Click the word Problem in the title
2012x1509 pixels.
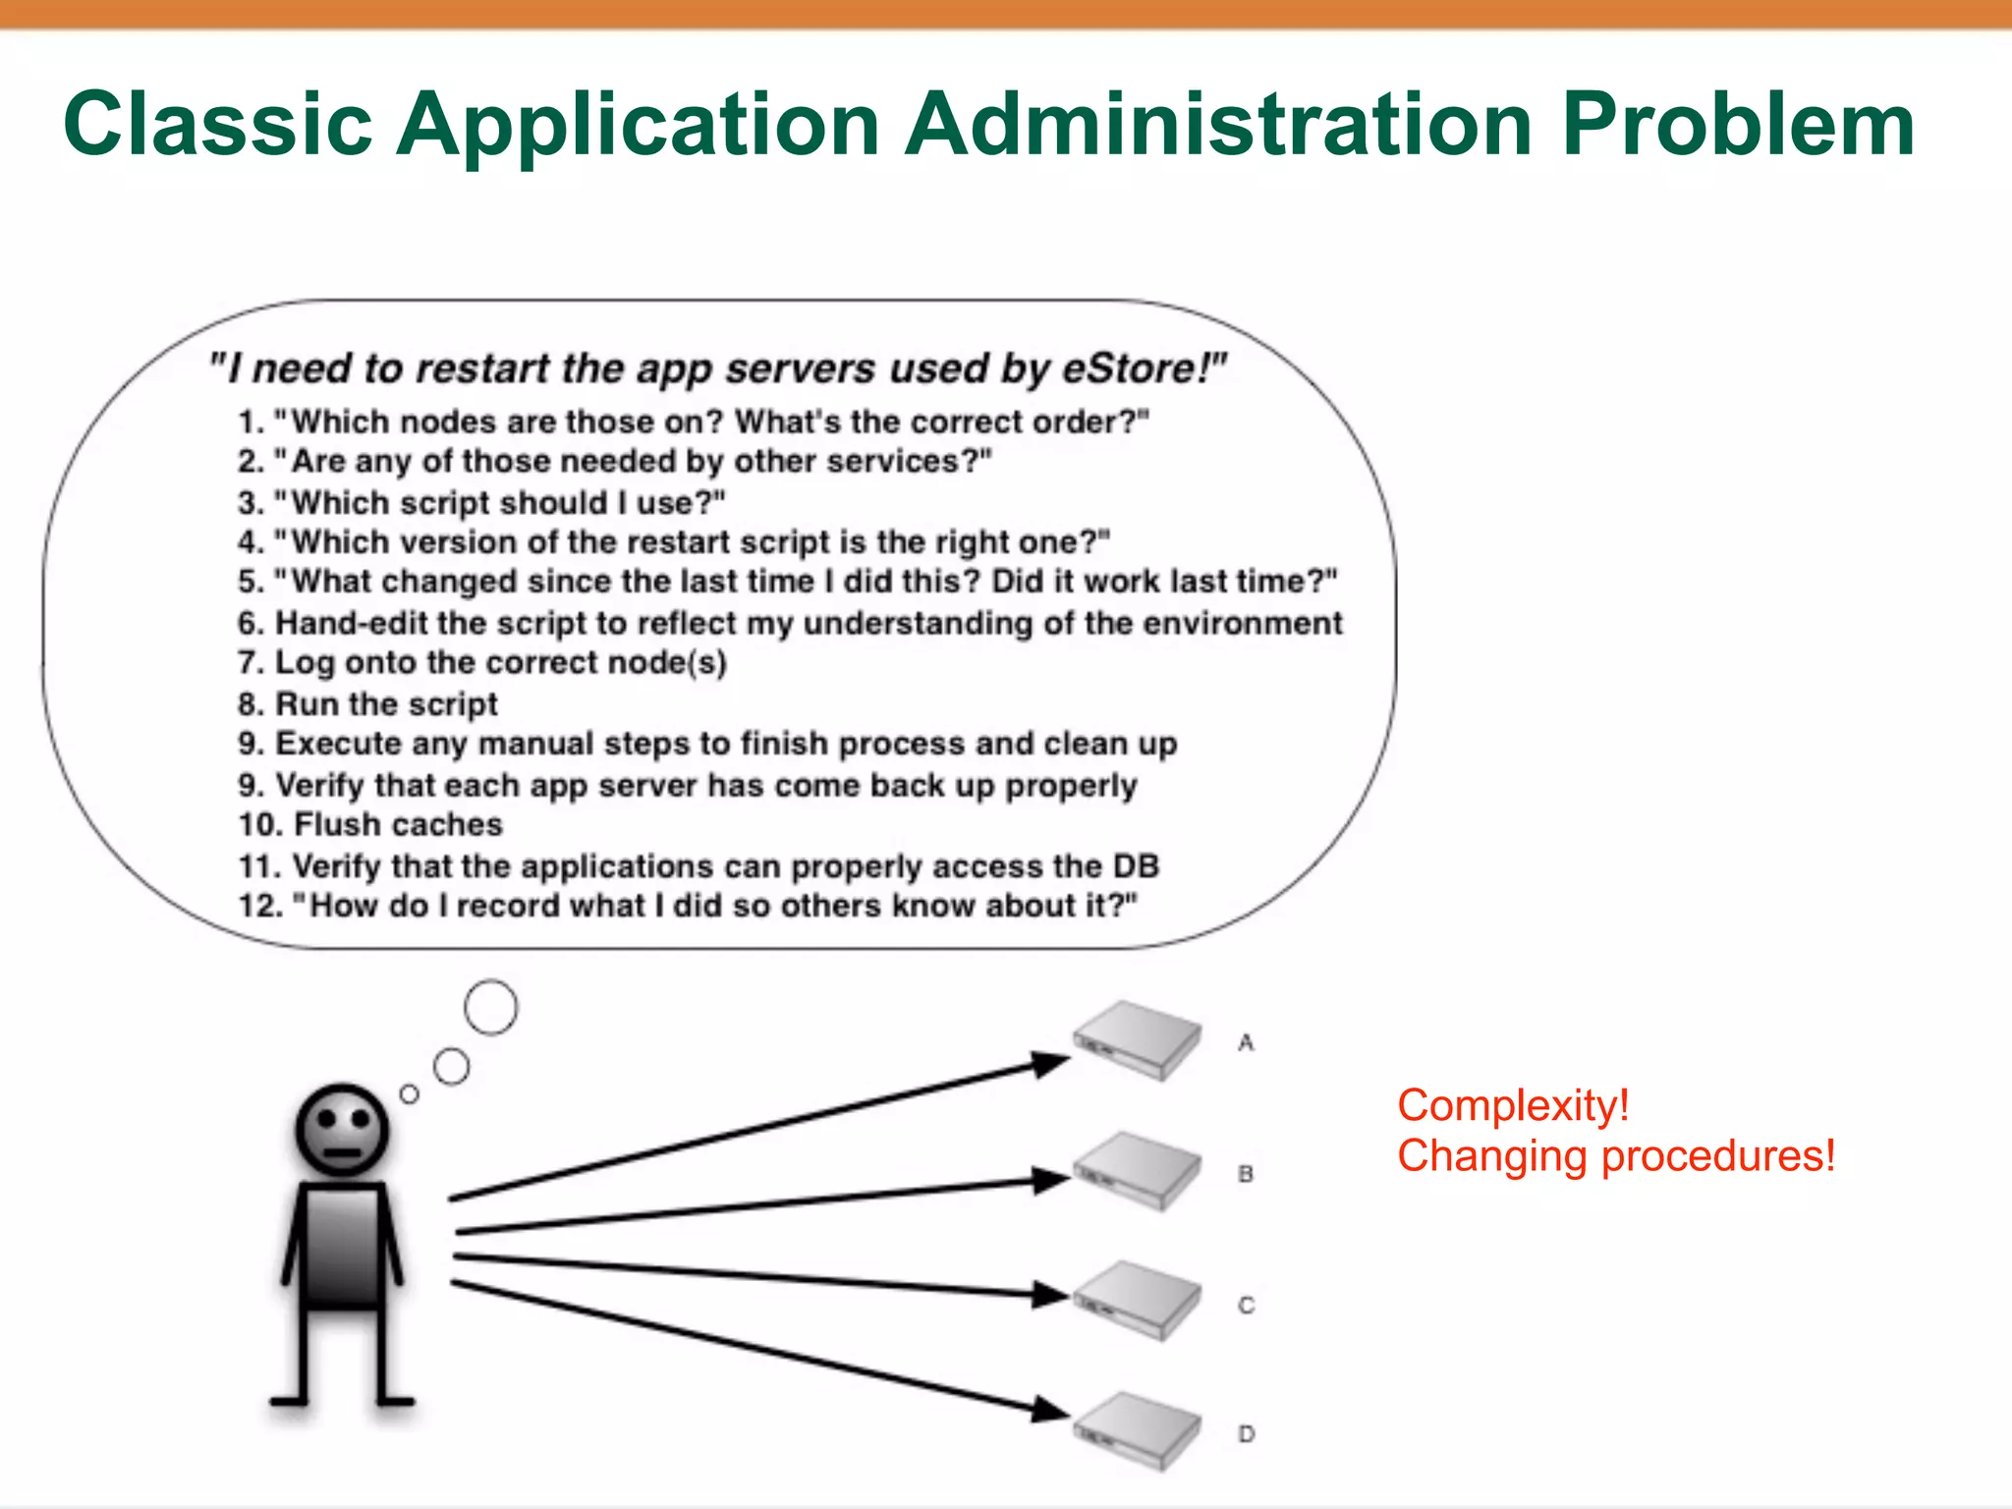click(x=1737, y=126)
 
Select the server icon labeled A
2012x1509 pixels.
click(x=1137, y=1039)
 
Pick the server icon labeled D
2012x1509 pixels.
click(x=1137, y=1430)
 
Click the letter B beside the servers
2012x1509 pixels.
click(x=1246, y=1174)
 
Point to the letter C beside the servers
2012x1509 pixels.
click(x=1246, y=1306)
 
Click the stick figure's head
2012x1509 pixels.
click(x=342, y=1130)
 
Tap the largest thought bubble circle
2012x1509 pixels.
click(x=490, y=1007)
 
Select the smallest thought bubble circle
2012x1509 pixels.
click(x=410, y=1093)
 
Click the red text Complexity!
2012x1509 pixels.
click(x=1513, y=1105)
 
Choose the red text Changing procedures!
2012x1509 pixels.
click(x=1616, y=1156)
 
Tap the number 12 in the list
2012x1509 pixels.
click(x=259, y=906)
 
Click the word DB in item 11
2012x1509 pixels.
click(x=1136, y=866)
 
